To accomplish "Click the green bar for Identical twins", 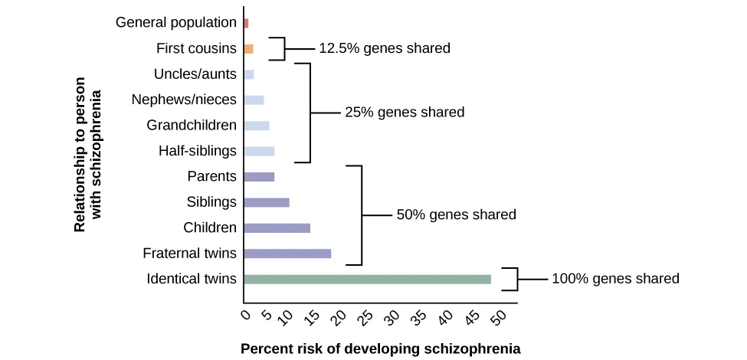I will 367,279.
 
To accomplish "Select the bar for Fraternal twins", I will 287,254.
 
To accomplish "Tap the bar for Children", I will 277,227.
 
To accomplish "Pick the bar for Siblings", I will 267,202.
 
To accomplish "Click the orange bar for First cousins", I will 248,49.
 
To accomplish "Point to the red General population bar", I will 246,23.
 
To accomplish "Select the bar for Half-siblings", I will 259,151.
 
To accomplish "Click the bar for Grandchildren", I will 256,126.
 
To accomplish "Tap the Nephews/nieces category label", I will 184,100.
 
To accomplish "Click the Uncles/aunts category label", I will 195,74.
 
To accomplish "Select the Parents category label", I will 212,176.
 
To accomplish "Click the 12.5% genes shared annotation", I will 384,48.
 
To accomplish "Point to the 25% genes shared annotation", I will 405,112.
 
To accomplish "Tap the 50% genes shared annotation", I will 456,215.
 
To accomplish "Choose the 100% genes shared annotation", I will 615,279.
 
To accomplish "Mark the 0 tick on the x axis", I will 245,314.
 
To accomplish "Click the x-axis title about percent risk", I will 381,349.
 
